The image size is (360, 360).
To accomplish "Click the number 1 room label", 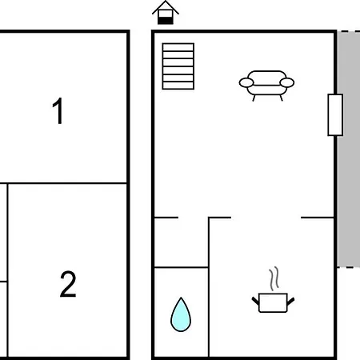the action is tap(58, 110).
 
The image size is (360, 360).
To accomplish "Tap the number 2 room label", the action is tap(68, 284).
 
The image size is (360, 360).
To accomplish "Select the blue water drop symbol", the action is tap(181, 314).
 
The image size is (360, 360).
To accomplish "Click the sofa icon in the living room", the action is tap(266, 86).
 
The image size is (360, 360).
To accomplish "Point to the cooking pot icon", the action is tap(273, 302).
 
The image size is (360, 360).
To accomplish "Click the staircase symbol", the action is tap(178, 66).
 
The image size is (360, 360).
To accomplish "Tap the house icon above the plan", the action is tap(166, 13).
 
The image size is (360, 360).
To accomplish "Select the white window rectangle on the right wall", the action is tap(335, 115).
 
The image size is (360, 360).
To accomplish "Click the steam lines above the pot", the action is tap(274, 278).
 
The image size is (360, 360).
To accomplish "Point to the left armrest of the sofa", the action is tap(246, 82).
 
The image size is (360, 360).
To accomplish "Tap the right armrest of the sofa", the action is tap(287, 82).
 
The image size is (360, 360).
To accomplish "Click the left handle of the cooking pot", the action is tap(255, 302).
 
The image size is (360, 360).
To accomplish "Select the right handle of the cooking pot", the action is tap(290, 302).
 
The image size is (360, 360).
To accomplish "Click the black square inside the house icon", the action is tap(166, 21).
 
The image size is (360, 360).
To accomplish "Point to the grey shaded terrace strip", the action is tap(349, 150).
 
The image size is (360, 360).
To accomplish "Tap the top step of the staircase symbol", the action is tap(178, 47).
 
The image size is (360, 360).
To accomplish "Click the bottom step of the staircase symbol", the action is tap(178, 86).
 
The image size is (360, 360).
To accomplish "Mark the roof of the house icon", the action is tap(166, 6).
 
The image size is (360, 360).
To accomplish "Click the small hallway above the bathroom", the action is tap(182, 242).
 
